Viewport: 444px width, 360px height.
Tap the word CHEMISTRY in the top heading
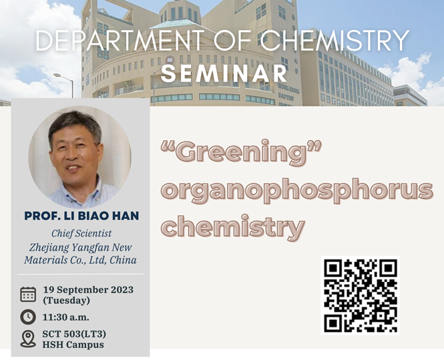(335, 40)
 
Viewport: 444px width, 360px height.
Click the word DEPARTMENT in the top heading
(120, 40)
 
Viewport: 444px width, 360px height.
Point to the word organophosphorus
(297, 190)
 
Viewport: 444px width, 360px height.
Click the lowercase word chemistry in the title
(233, 226)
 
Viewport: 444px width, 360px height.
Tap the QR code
(360, 295)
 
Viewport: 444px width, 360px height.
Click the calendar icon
(28, 294)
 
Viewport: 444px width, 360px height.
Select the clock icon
(28, 317)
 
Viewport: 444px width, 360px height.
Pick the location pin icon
(28, 339)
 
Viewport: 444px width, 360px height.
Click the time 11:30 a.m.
(65, 317)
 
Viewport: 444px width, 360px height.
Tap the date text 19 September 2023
(88, 290)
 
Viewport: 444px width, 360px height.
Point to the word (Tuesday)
(66, 301)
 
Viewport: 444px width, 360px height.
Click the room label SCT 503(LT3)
(74, 334)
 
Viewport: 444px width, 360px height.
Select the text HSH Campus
(73, 345)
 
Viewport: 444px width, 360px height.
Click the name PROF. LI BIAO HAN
(81, 216)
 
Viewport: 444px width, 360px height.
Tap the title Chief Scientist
(81, 234)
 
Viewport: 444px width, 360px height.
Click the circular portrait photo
(79, 157)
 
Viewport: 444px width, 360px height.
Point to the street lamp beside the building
(65, 85)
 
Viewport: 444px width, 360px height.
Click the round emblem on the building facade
(170, 60)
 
